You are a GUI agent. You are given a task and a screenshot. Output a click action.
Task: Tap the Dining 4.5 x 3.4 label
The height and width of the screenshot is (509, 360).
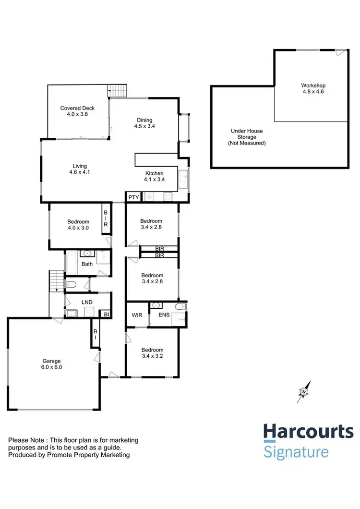tap(144, 123)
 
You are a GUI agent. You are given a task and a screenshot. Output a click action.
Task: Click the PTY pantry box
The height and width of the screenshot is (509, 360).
tap(132, 196)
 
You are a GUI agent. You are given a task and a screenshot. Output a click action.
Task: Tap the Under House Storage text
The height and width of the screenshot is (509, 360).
tap(247, 137)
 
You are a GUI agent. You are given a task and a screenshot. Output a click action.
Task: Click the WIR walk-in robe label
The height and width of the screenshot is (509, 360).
tap(137, 315)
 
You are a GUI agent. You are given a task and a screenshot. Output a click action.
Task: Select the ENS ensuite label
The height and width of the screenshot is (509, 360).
tap(163, 315)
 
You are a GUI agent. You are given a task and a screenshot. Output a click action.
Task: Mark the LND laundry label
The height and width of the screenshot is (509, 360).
tap(87, 302)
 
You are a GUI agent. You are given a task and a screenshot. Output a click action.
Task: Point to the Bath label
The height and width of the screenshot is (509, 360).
tap(87, 264)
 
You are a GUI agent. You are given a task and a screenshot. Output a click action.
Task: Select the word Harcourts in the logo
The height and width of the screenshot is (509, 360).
tap(308, 433)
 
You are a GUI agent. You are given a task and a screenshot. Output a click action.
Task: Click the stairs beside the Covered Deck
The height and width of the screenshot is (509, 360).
tap(117, 90)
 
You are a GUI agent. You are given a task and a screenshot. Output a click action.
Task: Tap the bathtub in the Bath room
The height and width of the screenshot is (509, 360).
tap(71, 263)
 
